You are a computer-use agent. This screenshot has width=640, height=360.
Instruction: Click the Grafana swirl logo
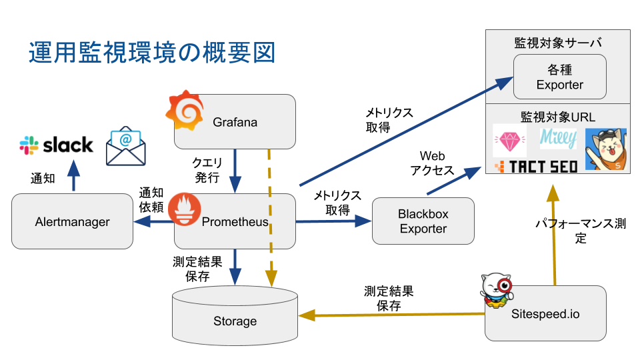(x=185, y=110)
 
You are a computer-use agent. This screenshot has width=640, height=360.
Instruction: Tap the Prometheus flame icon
(x=185, y=209)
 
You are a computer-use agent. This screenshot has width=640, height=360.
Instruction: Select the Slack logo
(x=56, y=145)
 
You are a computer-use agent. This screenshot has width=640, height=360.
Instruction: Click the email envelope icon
(x=126, y=146)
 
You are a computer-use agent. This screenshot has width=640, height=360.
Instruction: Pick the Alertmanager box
(x=72, y=221)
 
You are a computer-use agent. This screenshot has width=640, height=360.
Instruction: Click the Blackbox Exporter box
(x=423, y=221)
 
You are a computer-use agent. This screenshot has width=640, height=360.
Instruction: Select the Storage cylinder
(x=235, y=316)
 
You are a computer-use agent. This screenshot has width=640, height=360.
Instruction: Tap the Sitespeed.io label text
(x=545, y=314)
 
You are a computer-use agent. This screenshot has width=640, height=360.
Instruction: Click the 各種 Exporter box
(x=559, y=77)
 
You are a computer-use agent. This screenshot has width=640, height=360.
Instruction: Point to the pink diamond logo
(x=510, y=141)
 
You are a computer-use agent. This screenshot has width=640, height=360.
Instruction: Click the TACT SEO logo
(x=536, y=167)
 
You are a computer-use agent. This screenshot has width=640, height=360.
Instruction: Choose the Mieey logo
(x=559, y=139)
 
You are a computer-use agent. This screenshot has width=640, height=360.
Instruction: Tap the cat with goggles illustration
(x=606, y=149)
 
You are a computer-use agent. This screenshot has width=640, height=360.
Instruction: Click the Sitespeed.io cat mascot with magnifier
(x=497, y=291)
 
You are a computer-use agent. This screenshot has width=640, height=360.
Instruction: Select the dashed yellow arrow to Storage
(x=270, y=218)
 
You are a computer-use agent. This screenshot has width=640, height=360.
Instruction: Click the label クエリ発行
(x=207, y=170)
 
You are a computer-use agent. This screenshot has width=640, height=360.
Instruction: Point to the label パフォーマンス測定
(x=581, y=231)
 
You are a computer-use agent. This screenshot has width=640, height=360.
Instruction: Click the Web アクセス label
(x=432, y=163)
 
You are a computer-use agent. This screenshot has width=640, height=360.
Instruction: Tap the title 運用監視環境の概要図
(x=152, y=53)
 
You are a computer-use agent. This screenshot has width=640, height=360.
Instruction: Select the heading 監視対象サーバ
(x=558, y=43)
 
